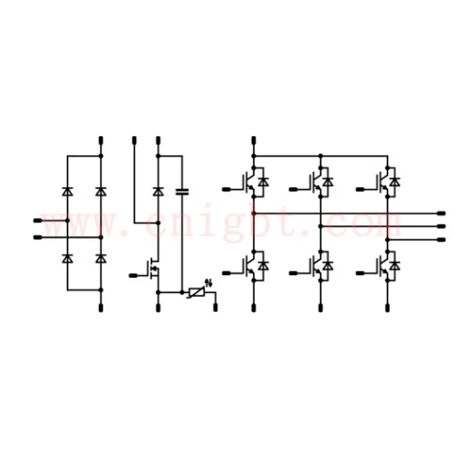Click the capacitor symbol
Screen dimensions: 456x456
(182, 191)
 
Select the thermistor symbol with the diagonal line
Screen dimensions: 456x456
(197, 292)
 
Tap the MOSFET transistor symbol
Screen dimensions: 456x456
(154, 269)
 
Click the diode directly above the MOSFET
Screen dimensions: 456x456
(158, 191)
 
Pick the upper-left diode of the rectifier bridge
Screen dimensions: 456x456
(68, 191)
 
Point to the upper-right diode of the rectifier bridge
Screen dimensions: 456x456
(101, 191)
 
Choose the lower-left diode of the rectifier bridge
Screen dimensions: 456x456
(68, 258)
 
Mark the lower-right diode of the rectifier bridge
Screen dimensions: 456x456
(101, 258)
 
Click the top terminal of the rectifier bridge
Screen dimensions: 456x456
(101, 141)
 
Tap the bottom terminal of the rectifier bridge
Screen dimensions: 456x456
(101, 308)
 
